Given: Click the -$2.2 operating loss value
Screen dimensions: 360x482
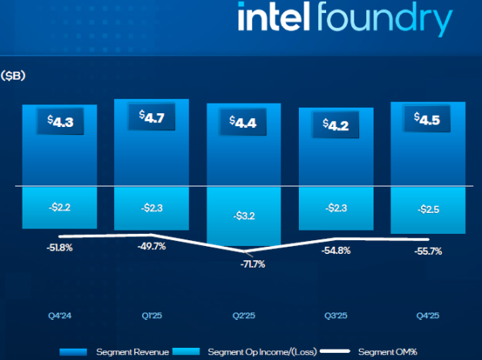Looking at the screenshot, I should (x=59, y=208).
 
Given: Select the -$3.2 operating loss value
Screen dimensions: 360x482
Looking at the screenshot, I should (x=243, y=216).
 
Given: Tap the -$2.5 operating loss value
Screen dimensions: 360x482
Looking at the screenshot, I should (x=428, y=210).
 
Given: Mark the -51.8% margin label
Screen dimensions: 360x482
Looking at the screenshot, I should (x=59, y=248).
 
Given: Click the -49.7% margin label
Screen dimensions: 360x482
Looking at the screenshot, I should (x=152, y=247).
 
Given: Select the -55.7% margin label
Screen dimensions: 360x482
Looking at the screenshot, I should (x=428, y=252).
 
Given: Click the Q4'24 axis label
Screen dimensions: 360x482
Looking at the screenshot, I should (x=59, y=314).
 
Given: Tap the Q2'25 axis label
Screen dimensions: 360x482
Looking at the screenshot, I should (x=243, y=314).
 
